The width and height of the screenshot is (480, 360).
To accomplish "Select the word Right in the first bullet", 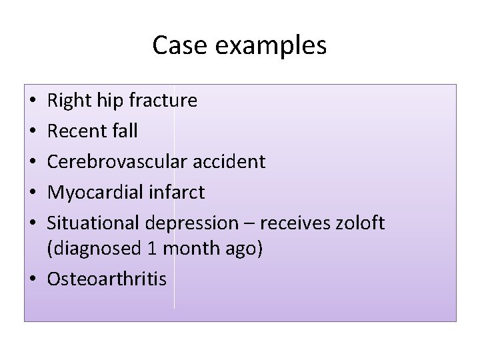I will (x=66, y=101).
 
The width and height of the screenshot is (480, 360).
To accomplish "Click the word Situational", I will (x=93, y=223).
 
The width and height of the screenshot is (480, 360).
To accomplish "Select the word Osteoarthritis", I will (x=107, y=279).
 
